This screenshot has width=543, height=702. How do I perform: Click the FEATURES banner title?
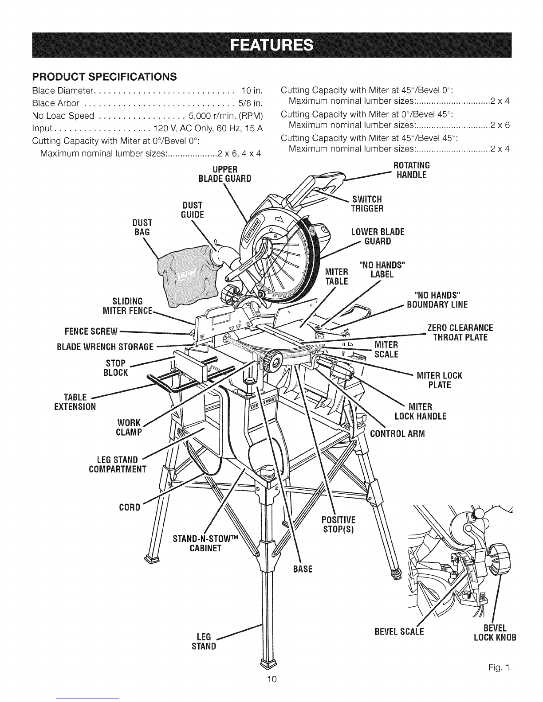pos(271,45)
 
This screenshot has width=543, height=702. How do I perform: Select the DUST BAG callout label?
pos(142,227)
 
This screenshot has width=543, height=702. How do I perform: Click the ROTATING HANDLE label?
pos(411,170)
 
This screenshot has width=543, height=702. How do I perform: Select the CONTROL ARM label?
pos(397,433)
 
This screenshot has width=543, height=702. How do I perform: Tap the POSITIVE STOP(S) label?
pos(339,525)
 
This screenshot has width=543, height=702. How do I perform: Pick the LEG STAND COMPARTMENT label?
pos(118,464)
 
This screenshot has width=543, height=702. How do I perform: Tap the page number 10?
pos(272,679)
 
